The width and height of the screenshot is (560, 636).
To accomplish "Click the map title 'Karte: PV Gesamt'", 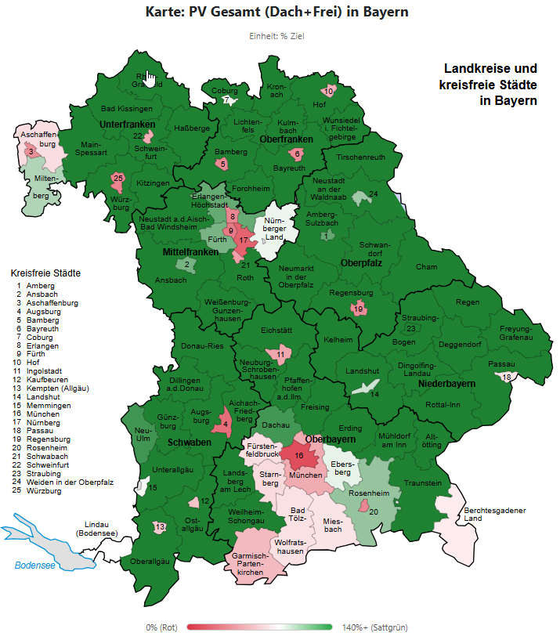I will click(277, 13).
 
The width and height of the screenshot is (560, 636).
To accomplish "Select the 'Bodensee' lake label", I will click(35, 565).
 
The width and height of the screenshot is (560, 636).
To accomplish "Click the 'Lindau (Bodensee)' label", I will click(97, 529).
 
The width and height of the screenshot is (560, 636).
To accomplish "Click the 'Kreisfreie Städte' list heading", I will click(46, 273).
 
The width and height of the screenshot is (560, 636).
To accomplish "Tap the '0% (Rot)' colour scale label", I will click(162, 627).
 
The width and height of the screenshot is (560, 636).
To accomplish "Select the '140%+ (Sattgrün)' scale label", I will click(368, 627).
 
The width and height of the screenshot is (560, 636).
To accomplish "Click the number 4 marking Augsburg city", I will click(226, 425).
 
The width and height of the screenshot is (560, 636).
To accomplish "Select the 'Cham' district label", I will click(428, 266).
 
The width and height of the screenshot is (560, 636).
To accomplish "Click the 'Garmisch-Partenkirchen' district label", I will click(251, 564).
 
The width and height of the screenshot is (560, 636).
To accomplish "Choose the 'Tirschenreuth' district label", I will click(360, 157).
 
